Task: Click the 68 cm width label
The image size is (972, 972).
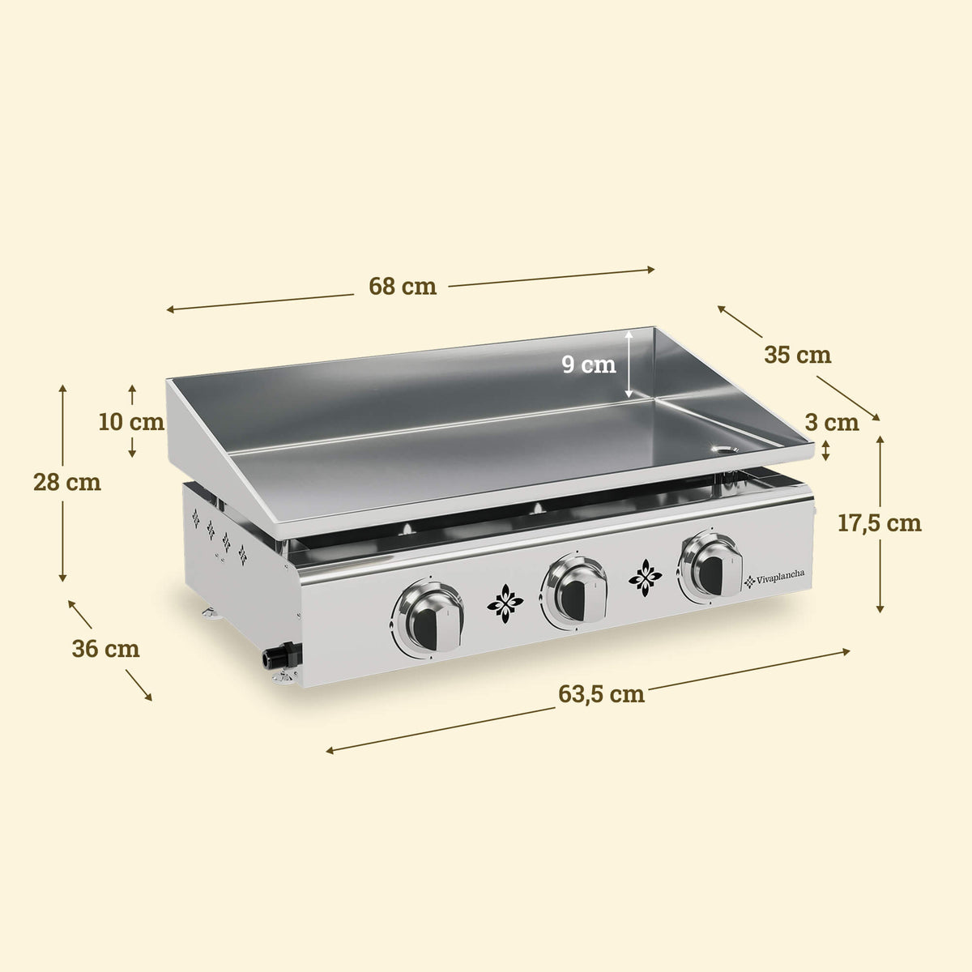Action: pos(403,286)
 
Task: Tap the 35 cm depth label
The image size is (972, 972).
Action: pos(797,355)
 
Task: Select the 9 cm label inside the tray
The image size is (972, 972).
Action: pos(590,364)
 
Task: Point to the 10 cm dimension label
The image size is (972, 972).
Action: pos(131,421)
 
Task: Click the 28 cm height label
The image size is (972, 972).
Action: pos(67,482)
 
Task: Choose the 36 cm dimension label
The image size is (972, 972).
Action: pos(105,648)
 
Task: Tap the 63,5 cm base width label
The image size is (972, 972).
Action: pos(602,694)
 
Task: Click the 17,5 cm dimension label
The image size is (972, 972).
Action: pos(879,522)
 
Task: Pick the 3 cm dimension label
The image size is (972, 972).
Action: pos(832,421)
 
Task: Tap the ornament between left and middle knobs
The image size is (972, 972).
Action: pos(505,603)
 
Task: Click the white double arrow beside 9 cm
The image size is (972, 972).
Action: pos(629,364)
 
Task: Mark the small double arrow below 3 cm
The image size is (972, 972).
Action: pos(825,451)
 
